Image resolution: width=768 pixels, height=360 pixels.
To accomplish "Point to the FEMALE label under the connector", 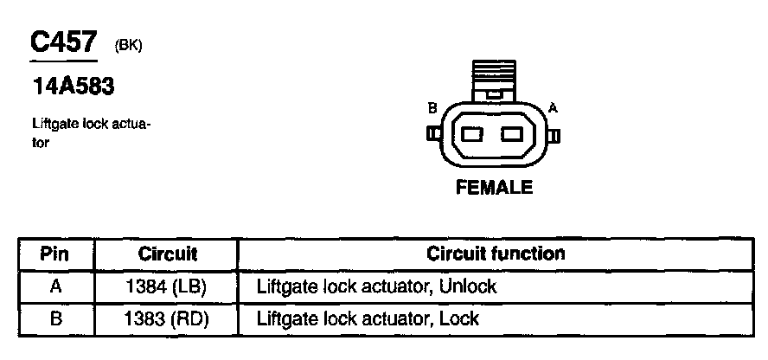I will click(x=494, y=187).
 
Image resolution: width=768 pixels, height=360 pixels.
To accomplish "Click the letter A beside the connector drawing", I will click(x=554, y=107).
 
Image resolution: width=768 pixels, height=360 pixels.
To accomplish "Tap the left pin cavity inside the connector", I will click(x=472, y=134).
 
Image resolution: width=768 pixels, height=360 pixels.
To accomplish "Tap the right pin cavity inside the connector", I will click(x=513, y=134).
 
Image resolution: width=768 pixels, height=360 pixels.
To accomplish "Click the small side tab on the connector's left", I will click(x=432, y=134).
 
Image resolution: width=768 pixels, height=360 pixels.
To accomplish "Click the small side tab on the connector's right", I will click(x=555, y=135).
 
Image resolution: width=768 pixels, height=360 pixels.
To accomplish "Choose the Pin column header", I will click(x=56, y=254).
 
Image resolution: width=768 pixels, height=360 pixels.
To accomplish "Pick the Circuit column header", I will click(x=168, y=254).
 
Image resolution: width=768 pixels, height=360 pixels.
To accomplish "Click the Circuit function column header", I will click(x=496, y=254).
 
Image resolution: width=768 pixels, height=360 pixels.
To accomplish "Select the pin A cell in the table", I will click(x=56, y=286).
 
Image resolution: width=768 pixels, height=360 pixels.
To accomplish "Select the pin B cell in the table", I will click(x=56, y=318).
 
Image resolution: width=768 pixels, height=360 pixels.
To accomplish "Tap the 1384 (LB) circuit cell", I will click(x=168, y=286).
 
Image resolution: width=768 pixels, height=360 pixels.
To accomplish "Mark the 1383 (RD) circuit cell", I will click(x=168, y=318).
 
